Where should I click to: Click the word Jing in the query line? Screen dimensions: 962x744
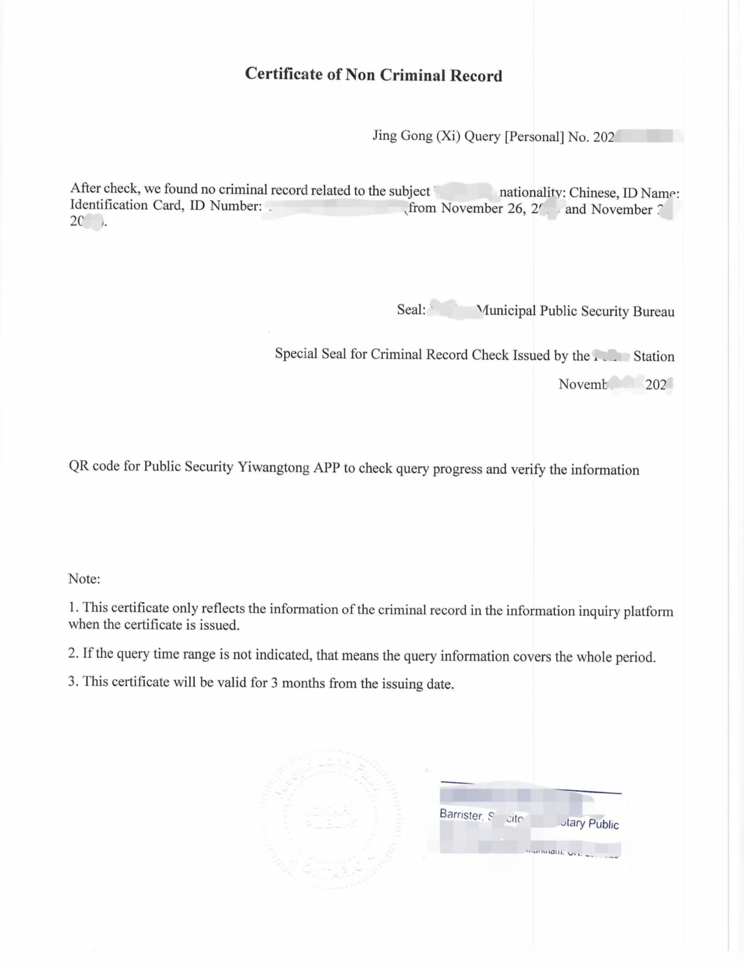click(385, 135)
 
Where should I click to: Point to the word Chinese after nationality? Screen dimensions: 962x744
click(593, 193)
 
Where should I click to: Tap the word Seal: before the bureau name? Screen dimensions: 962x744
click(411, 309)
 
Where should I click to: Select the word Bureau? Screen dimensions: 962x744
click(653, 312)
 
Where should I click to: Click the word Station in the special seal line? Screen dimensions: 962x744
click(654, 356)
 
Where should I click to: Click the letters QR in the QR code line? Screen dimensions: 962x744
click(79, 466)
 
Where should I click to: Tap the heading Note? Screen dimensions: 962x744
click(84, 579)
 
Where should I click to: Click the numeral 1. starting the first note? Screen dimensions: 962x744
click(73, 607)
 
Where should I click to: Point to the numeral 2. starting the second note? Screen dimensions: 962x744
click(73, 653)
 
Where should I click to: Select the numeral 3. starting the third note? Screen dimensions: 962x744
click(73, 681)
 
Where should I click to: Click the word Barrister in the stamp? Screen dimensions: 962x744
click(461, 815)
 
